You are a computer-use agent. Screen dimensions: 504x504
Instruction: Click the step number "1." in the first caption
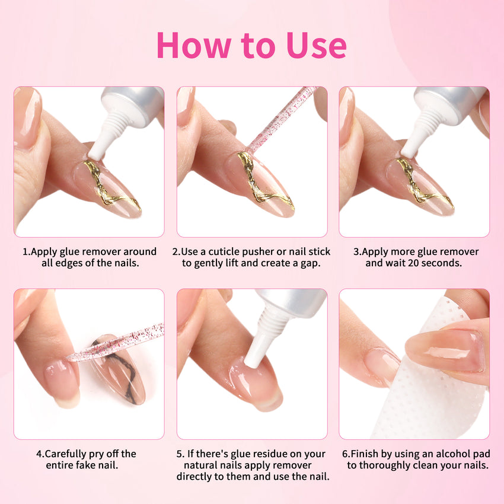pyautogui.click(x=27, y=251)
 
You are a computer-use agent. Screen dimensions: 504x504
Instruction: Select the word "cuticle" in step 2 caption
pyautogui.click(x=227, y=251)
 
